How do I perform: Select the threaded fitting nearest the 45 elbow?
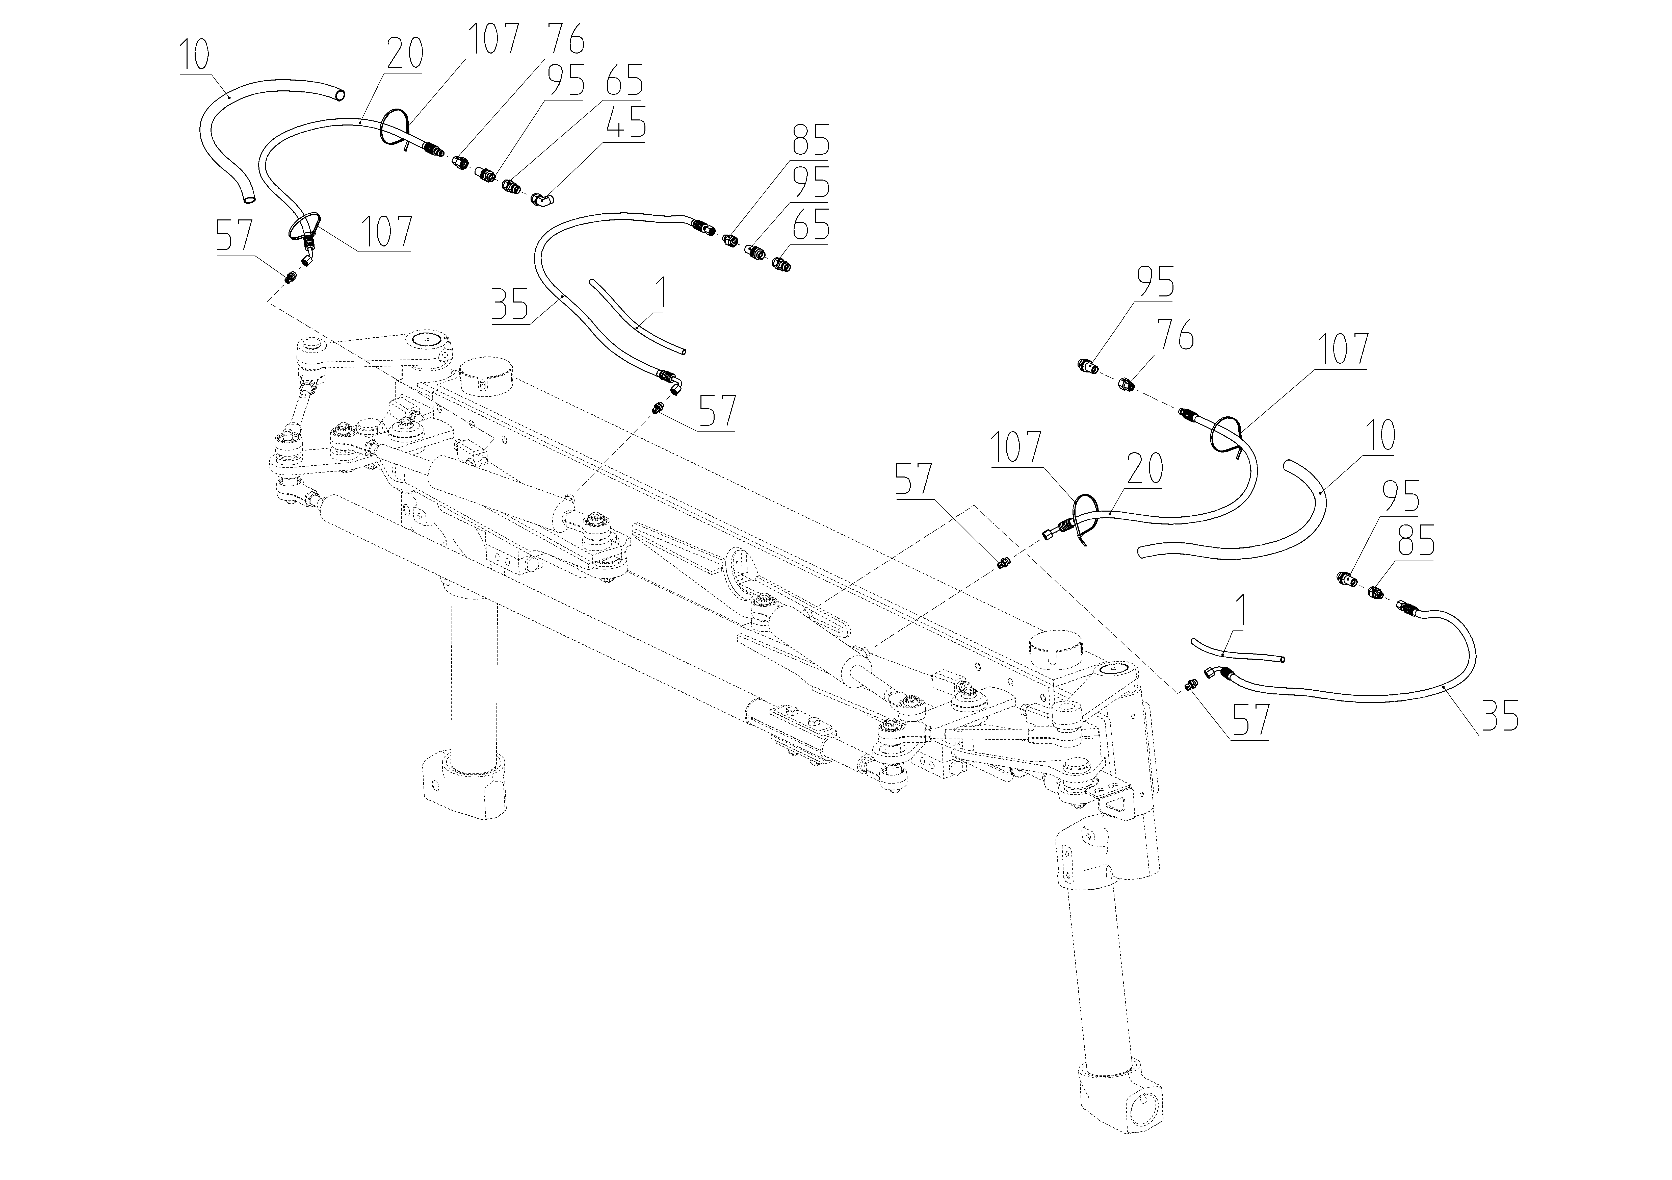(512, 188)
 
